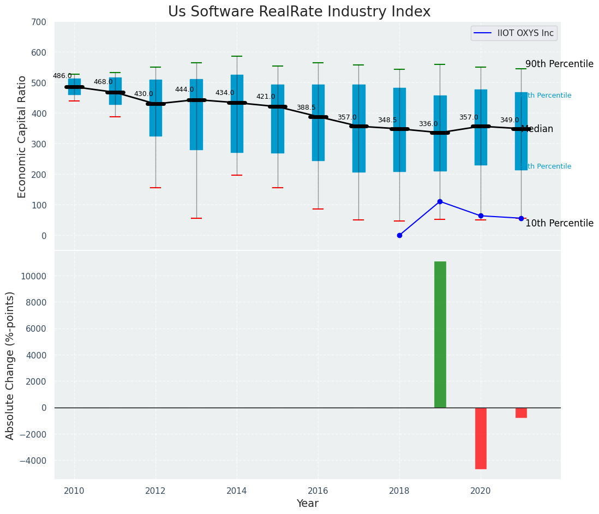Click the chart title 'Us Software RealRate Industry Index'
[299, 12]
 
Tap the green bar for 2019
[440, 334]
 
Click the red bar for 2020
[481, 438]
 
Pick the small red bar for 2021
[521, 413]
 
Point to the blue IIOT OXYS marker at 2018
[399, 235]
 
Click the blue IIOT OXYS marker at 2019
[440, 201]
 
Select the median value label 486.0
[62, 76]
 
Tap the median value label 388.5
[306, 107]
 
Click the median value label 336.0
[428, 124]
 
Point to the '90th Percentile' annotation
[559, 64]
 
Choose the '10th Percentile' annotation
[559, 223]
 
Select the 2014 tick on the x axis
[237, 491]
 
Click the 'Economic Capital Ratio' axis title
[22, 136]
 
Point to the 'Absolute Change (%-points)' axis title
[10, 364]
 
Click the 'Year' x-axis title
[307, 504]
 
